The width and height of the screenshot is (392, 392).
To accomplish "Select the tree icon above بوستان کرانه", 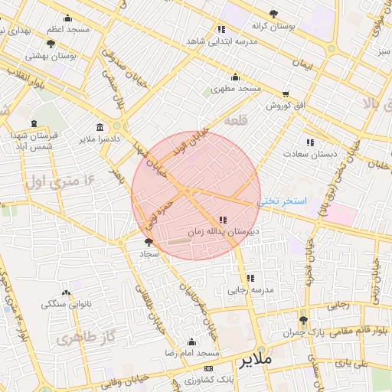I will (273, 14).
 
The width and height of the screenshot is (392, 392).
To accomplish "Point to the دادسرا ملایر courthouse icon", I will (101, 127).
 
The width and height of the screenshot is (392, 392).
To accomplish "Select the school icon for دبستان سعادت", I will (310, 142).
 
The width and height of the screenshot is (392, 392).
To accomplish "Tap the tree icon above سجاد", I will (149, 241).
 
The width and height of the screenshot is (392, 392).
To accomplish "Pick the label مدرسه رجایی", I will (250, 290).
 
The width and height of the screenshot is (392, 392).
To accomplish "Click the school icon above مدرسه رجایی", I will (250, 278).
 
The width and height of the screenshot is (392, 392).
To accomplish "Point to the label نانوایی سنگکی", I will (67, 304).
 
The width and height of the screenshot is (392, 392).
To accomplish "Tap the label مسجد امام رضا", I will (192, 354).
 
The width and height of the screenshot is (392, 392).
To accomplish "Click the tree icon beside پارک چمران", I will (303, 320).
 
